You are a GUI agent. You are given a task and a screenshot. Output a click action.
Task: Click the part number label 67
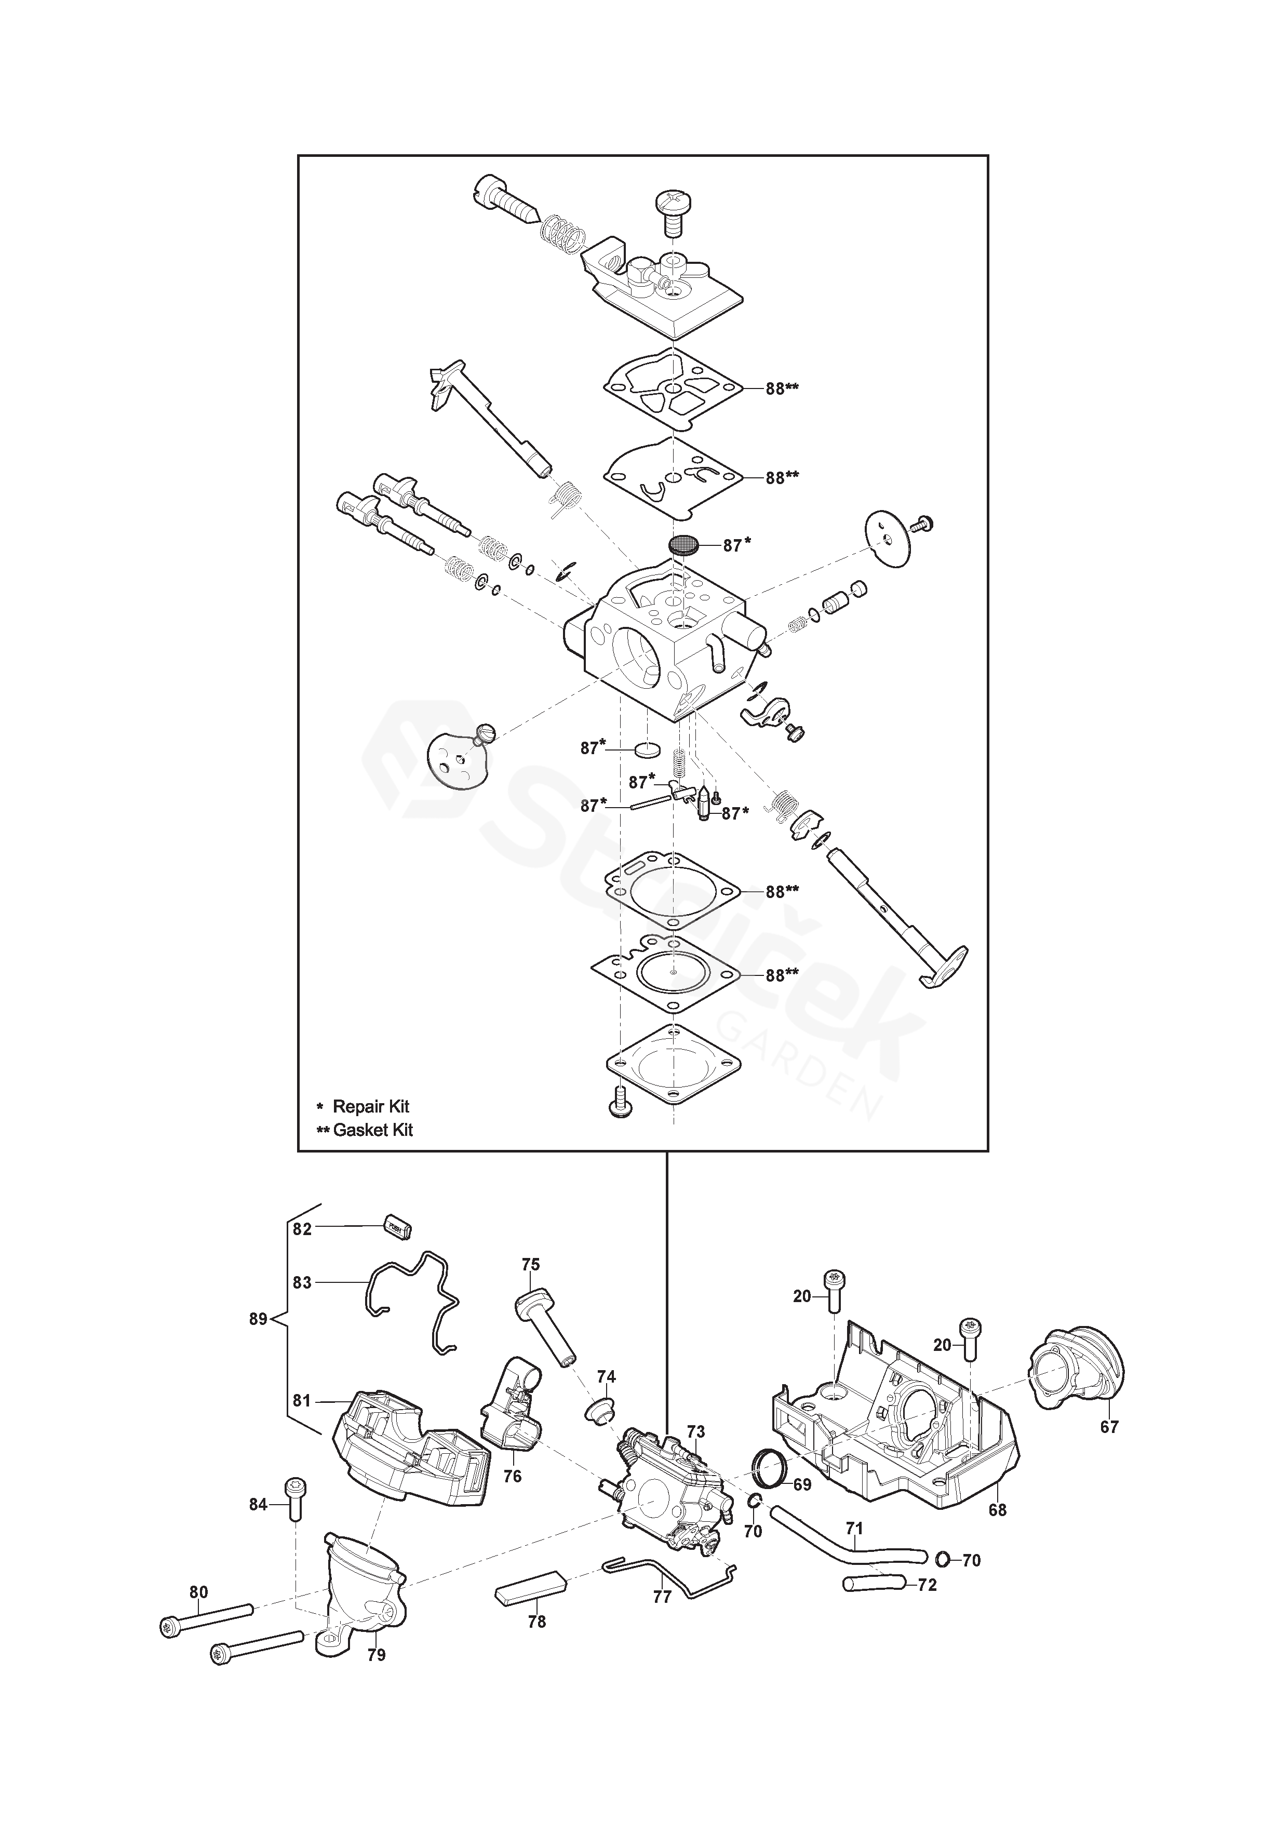[x=1109, y=1427]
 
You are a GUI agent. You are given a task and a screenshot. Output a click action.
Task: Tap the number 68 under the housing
[x=998, y=1510]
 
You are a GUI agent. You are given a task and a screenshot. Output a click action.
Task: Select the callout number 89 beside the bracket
[x=258, y=1319]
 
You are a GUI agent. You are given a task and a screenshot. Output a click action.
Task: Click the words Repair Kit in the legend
[x=371, y=1106]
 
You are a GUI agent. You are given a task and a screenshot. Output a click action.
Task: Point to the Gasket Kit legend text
[x=373, y=1130]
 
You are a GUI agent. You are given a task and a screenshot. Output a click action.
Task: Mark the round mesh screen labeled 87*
[x=683, y=545]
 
